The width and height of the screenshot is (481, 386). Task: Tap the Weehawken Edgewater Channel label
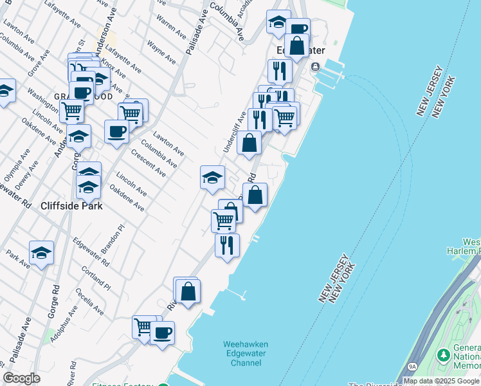246,354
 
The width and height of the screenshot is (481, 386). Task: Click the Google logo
22,378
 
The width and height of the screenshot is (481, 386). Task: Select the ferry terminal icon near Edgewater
316,67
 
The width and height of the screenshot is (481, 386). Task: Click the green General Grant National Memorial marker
442,355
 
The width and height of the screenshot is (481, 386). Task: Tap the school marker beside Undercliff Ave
212,177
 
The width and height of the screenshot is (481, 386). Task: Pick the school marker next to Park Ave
41,253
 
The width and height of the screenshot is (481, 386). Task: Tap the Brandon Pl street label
118,239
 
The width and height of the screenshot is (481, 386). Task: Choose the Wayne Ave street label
161,53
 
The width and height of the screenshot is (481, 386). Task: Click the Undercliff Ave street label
234,132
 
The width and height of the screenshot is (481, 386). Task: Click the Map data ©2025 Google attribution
441,381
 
